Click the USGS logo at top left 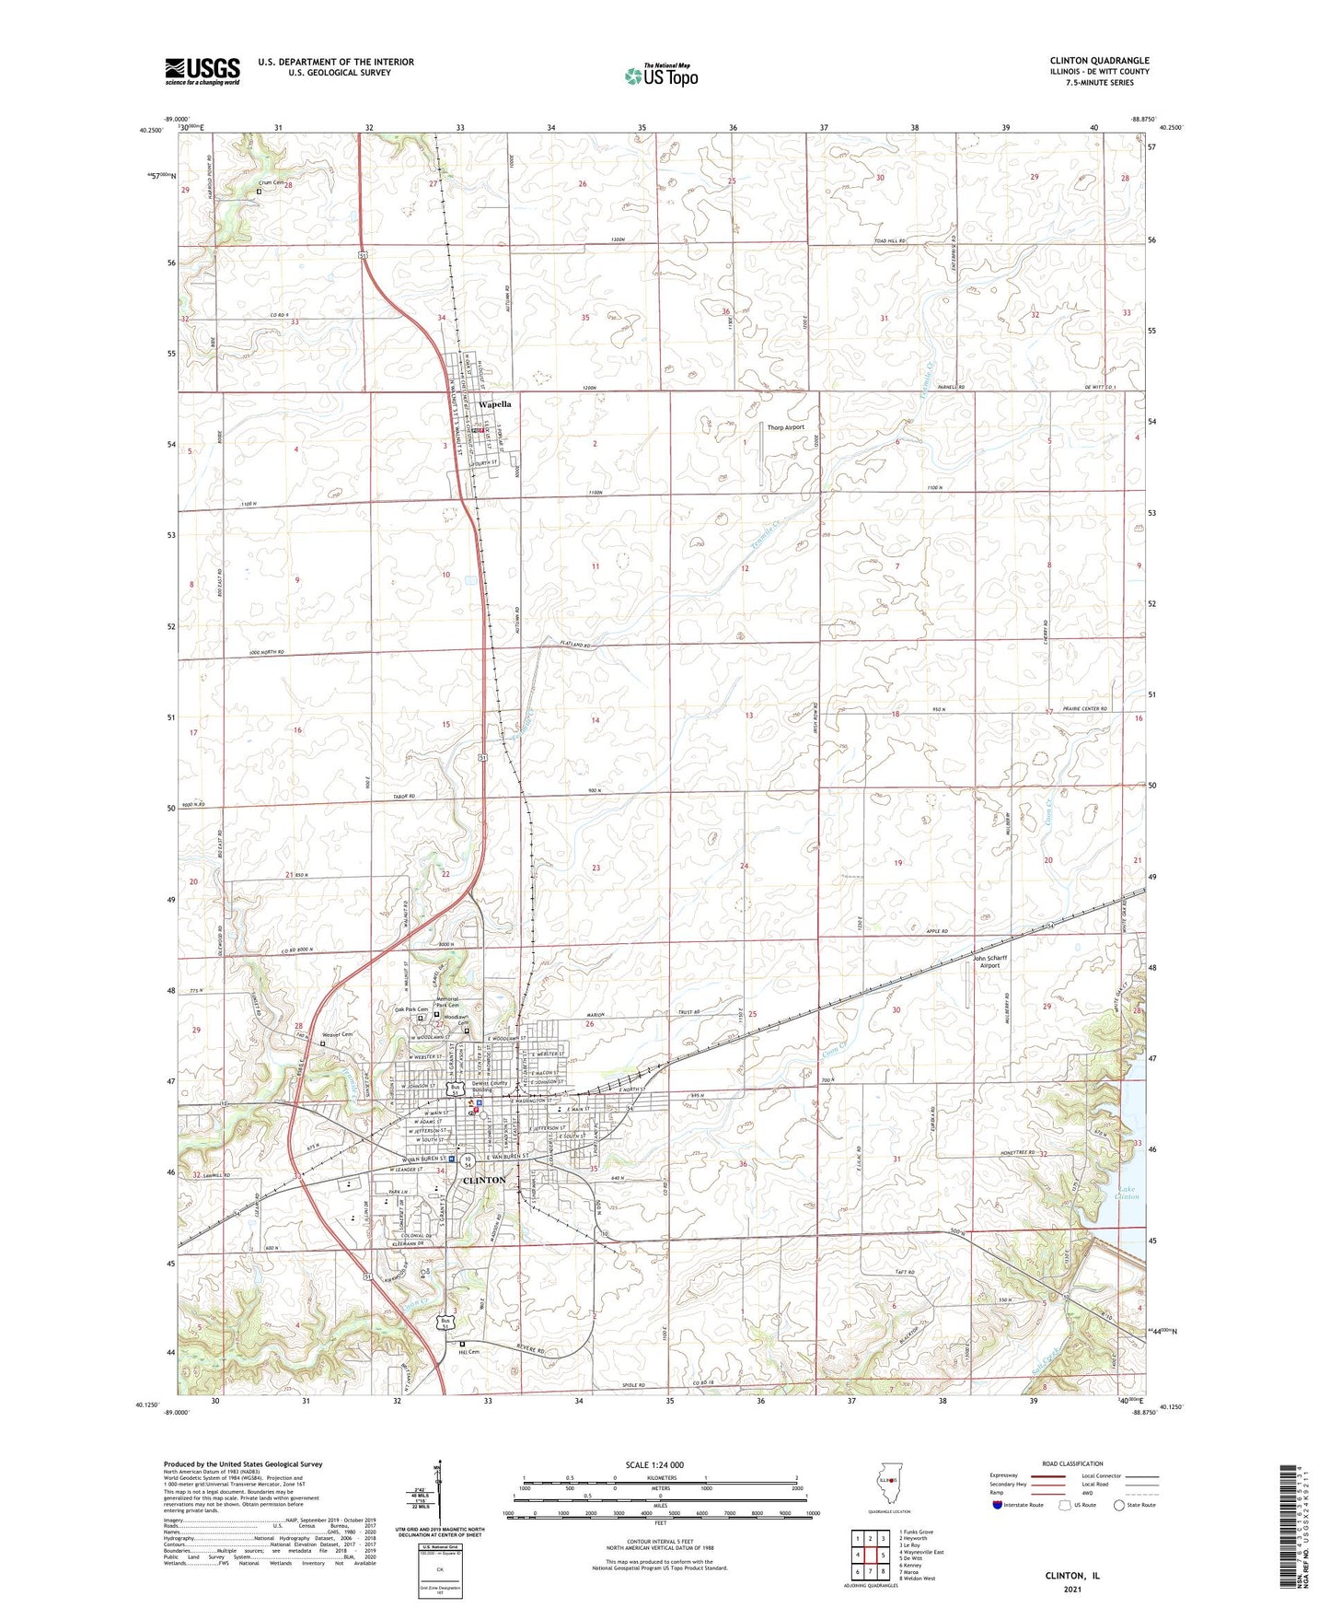[x=202, y=71]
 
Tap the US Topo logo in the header [x=661, y=75]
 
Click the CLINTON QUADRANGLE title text [x=1099, y=61]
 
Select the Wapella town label [x=494, y=404]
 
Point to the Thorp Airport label [x=785, y=427]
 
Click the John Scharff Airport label [x=989, y=961]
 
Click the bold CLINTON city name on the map [x=483, y=1180]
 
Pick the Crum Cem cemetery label [x=272, y=183]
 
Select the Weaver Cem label [x=338, y=1034]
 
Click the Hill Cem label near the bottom [x=469, y=1352]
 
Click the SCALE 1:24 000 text [x=653, y=1465]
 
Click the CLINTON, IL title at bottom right [x=1072, y=1576]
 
